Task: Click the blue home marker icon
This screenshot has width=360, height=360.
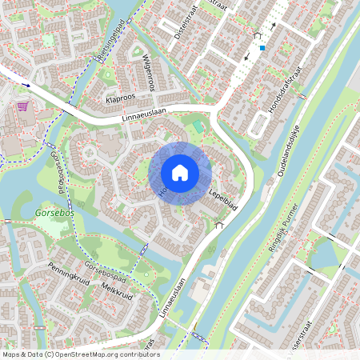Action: click(180, 172)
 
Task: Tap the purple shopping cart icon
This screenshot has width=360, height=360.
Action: click(22, 106)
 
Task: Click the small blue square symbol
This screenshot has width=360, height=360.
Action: click(261, 48)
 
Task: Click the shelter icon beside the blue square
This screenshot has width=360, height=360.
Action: click(257, 36)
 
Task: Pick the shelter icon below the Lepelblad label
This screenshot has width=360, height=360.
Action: click(220, 225)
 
